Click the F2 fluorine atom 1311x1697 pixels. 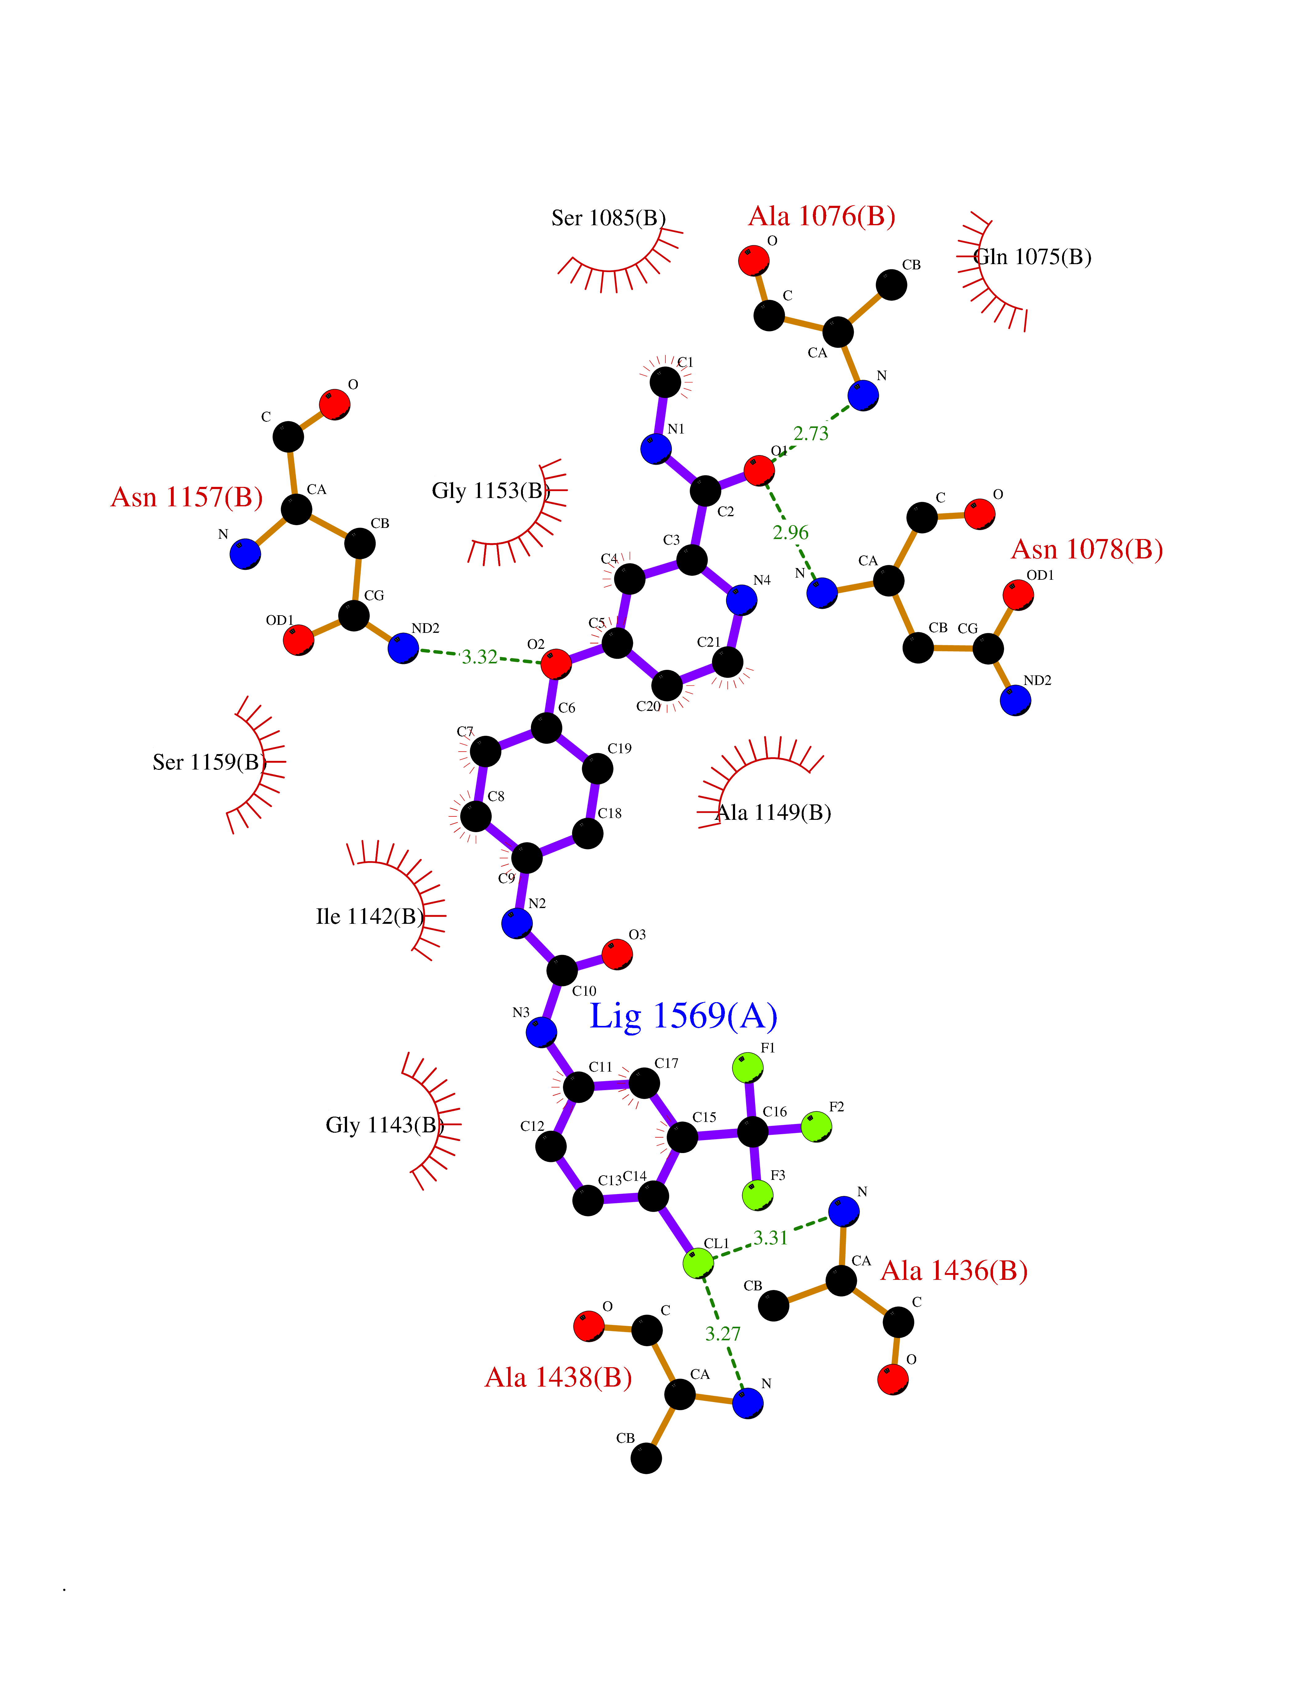pyautogui.click(x=816, y=1127)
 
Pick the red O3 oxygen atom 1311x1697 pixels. pyautogui.click(x=617, y=954)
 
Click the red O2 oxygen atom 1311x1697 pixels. pyautogui.click(x=555, y=664)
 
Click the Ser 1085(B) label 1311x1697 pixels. pyautogui.click(x=608, y=218)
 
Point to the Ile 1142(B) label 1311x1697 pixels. pyautogui.click(x=370, y=917)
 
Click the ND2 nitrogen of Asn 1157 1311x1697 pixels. pyautogui.click(x=403, y=648)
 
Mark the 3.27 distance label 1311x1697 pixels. pyautogui.click(x=722, y=1334)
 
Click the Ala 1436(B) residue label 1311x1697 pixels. pyautogui.click(x=954, y=1271)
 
